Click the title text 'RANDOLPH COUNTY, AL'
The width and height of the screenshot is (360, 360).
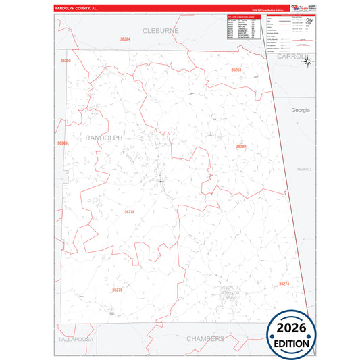80,8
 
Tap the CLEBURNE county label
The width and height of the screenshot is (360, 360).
160,31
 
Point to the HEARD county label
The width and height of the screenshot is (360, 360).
304,170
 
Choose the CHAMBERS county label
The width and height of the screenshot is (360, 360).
204,338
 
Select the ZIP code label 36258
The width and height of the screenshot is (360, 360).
66,61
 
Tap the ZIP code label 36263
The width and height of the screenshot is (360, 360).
236,70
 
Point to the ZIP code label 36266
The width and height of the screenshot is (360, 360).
62,143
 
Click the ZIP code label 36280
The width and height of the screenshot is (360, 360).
241,147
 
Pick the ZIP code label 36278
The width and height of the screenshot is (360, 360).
130,212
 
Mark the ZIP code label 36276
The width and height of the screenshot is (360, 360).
118,290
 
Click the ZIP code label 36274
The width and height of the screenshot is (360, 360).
284,284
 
